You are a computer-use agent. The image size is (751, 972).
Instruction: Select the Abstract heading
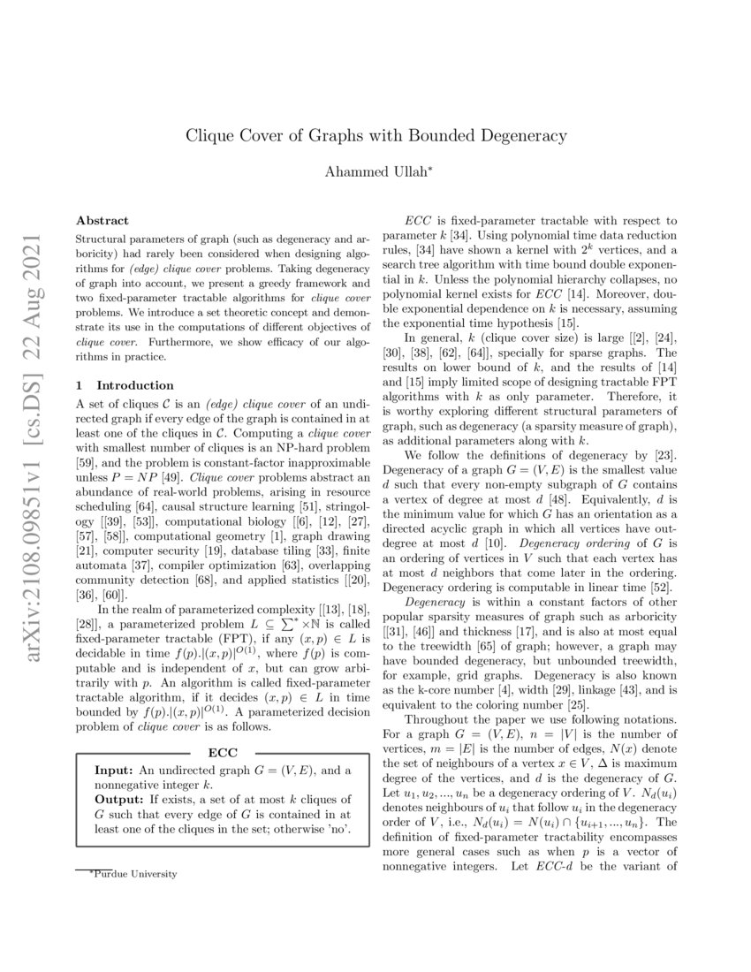(102, 220)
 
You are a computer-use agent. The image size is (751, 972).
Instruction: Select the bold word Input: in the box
(114, 770)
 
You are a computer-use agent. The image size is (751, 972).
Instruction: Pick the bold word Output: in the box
(118, 798)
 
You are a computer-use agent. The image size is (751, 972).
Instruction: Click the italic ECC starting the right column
(417, 220)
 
